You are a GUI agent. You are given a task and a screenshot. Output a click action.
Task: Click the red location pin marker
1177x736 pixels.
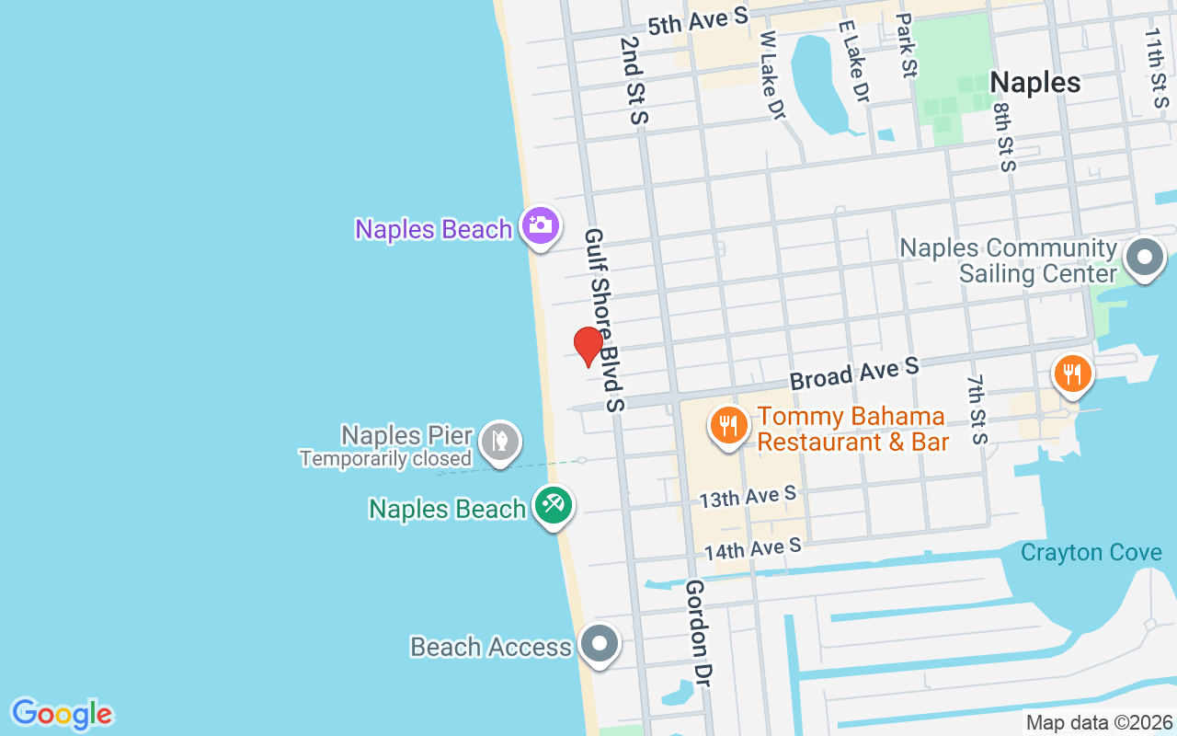588,346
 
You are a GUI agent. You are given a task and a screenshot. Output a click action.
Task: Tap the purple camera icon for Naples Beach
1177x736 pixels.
540,225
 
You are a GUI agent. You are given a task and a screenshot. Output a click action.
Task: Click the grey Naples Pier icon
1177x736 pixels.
499,443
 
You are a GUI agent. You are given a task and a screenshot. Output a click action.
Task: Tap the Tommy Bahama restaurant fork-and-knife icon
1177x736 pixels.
728,426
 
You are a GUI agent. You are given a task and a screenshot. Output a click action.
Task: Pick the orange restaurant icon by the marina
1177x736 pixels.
1072,374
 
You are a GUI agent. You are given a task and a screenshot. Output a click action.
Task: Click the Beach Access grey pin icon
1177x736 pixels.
600,644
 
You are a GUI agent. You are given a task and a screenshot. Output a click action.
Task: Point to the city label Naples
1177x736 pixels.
1034,83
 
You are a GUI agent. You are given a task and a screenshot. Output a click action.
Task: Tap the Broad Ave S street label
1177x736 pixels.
854,374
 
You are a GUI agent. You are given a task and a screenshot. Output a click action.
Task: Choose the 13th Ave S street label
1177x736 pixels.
748,498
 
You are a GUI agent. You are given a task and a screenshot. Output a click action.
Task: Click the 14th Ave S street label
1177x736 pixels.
753,549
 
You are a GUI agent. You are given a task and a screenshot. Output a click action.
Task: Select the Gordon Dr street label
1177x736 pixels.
698,633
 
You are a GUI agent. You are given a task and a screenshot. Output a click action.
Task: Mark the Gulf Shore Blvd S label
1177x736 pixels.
604,319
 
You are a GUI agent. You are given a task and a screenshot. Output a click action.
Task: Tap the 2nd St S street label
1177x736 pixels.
634,80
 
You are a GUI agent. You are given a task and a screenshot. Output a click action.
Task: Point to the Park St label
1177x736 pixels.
906,44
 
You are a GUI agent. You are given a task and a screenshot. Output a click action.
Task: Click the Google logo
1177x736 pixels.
62,714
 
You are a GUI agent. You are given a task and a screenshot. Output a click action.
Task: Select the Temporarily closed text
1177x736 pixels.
385,458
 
